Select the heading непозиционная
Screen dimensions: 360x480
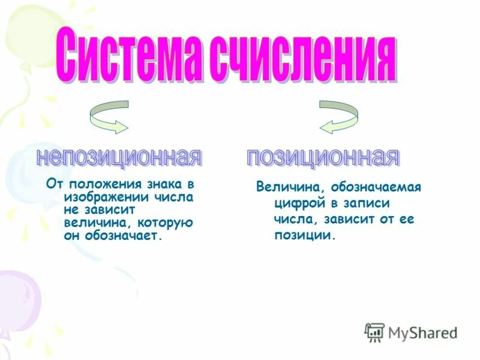(118, 157)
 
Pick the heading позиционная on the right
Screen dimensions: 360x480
(323, 157)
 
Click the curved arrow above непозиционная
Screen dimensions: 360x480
(108, 116)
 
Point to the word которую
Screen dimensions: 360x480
(172, 223)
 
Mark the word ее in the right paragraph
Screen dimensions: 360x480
(407, 219)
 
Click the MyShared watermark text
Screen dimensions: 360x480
(422, 332)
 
